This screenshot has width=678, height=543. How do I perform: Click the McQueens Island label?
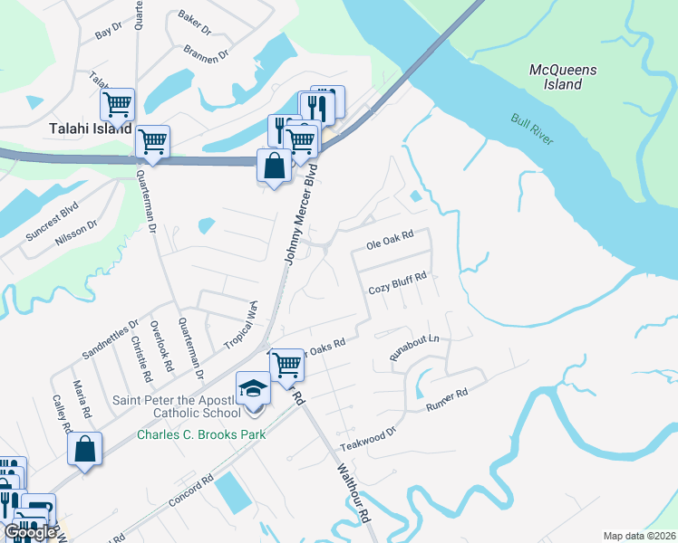556,76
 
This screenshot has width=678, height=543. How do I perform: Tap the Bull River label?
532,129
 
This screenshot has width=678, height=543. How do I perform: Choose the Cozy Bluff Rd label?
397,290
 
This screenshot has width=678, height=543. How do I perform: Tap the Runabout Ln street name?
413,348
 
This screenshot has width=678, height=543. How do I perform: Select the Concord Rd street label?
189,491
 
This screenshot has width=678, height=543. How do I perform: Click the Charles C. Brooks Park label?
200,434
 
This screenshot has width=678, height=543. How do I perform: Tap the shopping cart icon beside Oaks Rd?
286,365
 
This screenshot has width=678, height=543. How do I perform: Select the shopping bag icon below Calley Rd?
84,450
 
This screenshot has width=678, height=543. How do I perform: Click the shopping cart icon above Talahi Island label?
117,104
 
